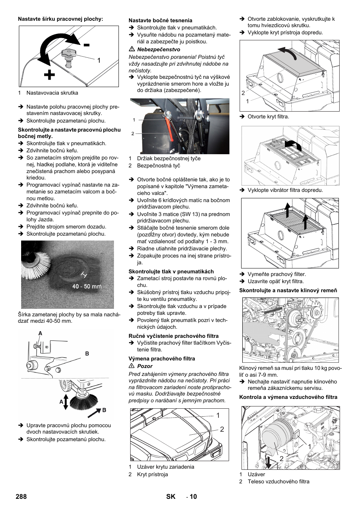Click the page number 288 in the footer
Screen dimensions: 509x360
pyautogui.click(x=21, y=497)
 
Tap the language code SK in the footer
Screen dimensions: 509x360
pyautogui.click(x=171, y=497)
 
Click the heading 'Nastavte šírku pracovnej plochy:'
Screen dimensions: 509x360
pyautogui.click(x=60, y=19)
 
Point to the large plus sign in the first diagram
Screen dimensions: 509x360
pyautogui.click(x=49, y=75)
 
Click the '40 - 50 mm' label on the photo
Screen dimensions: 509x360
pyautogui.click(x=87, y=287)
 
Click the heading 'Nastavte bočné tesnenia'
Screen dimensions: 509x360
pyautogui.click(x=160, y=20)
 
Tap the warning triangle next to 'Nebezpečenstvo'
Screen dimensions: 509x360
pyautogui.click(x=132, y=49)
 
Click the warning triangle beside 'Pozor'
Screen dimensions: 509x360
pyautogui.click(x=132, y=366)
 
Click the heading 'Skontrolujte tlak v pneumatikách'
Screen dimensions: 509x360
pyautogui.click(x=171, y=271)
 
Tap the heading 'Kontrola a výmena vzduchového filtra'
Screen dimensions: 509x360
pyautogui.click(x=288, y=397)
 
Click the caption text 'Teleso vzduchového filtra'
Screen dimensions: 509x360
pyautogui.click(x=278, y=481)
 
